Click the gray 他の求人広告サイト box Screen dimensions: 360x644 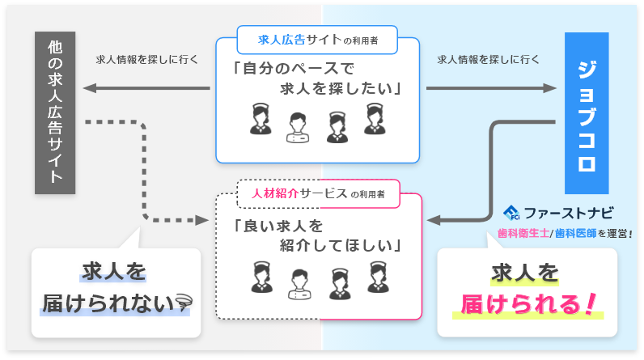coord(55,113)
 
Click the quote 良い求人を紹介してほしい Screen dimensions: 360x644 coord(317,234)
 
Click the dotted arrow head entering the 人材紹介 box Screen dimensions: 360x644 coord(202,219)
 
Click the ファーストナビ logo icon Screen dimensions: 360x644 coord(511,214)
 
